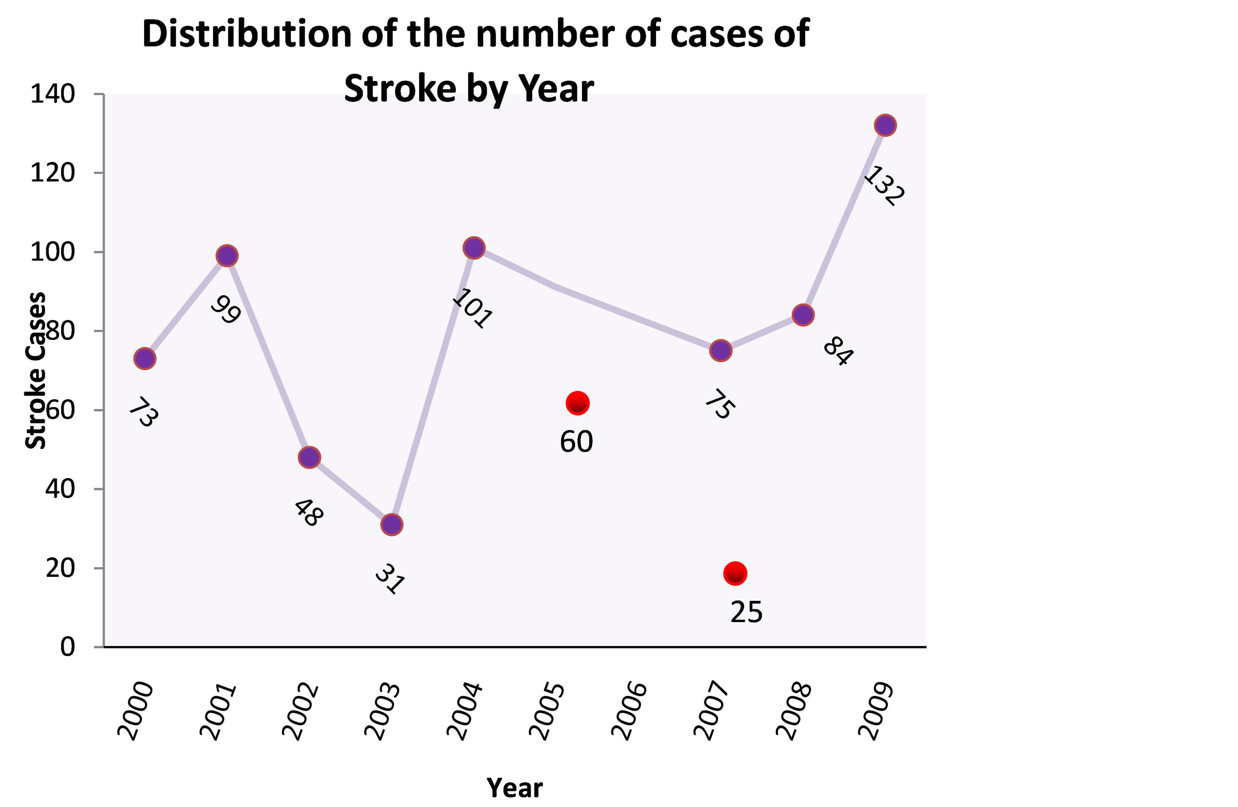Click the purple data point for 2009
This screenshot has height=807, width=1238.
(x=885, y=125)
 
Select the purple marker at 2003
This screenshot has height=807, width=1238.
(x=391, y=525)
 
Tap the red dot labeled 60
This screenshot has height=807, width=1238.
(x=578, y=403)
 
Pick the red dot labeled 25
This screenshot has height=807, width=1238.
(x=735, y=573)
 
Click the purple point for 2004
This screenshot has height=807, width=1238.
(x=473, y=247)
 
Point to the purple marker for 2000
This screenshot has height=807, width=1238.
(x=145, y=358)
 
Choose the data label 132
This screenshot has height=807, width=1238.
(x=884, y=186)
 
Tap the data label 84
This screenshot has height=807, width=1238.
(x=837, y=351)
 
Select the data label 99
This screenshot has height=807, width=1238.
(x=226, y=310)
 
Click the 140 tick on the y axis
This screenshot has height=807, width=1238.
(x=53, y=94)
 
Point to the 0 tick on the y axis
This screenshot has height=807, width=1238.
(x=68, y=647)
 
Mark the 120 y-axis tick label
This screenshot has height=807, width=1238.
(x=53, y=173)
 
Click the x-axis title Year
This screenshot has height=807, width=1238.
(x=514, y=788)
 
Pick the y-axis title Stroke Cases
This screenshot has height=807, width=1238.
(x=35, y=370)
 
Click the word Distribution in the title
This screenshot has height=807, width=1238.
(x=247, y=34)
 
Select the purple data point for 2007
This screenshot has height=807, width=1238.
(x=721, y=350)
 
